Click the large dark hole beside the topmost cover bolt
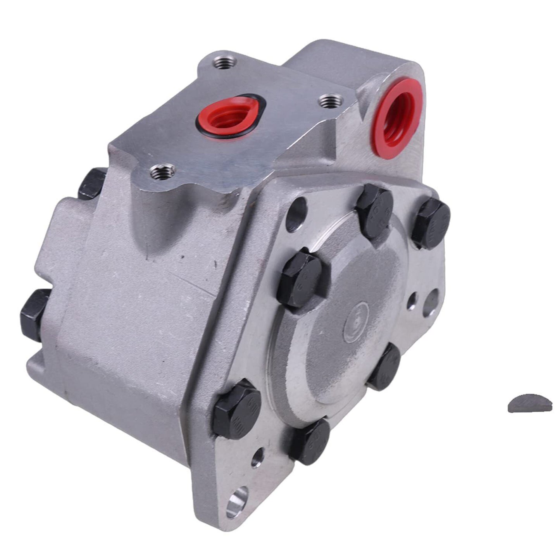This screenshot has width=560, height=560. click(296, 214)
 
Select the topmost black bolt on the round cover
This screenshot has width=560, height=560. click(374, 205)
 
